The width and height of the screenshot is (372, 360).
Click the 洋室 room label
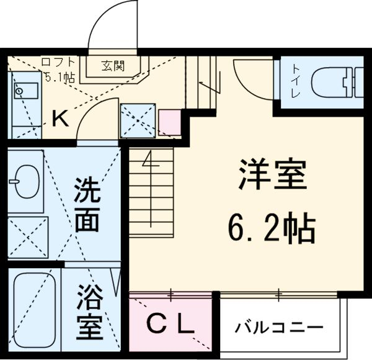[273, 174]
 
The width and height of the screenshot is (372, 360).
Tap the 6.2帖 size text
[272, 228]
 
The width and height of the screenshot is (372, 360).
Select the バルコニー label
[279, 328]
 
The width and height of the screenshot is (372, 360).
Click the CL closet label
[170, 323]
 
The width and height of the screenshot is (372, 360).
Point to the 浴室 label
[90, 312]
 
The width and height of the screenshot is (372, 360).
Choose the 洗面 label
[87, 205]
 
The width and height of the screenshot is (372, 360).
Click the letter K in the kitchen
[60, 118]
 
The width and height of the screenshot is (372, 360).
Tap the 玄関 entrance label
[113, 66]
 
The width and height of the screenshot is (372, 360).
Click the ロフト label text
[58, 61]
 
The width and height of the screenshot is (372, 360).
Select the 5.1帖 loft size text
[60, 77]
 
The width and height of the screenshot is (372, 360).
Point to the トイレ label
[296, 81]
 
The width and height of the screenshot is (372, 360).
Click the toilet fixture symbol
[337, 82]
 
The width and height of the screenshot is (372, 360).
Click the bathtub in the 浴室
[34, 310]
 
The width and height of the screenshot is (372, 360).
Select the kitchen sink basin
[26, 91]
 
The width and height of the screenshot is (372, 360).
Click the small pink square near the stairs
[170, 122]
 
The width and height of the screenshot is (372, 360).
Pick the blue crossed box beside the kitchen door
[138, 120]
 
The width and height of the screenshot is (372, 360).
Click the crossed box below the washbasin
[28, 237]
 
